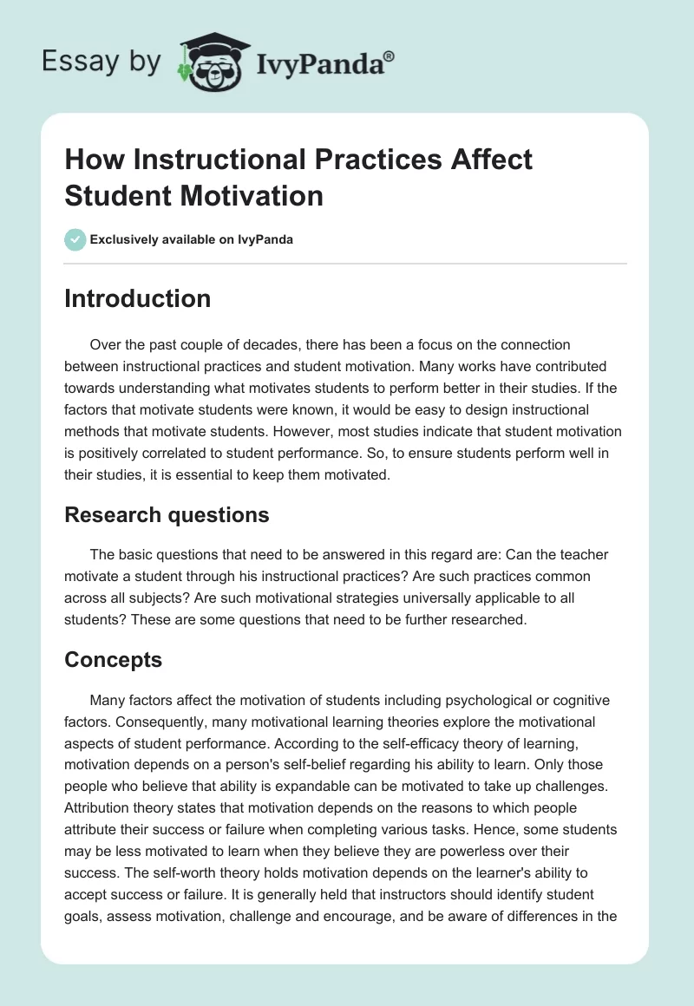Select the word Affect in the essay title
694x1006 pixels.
click(488, 160)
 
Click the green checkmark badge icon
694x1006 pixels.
click(75, 239)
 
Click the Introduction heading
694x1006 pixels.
click(137, 299)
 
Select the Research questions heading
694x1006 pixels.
click(167, 515)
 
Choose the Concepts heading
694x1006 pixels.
click(113, 660)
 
